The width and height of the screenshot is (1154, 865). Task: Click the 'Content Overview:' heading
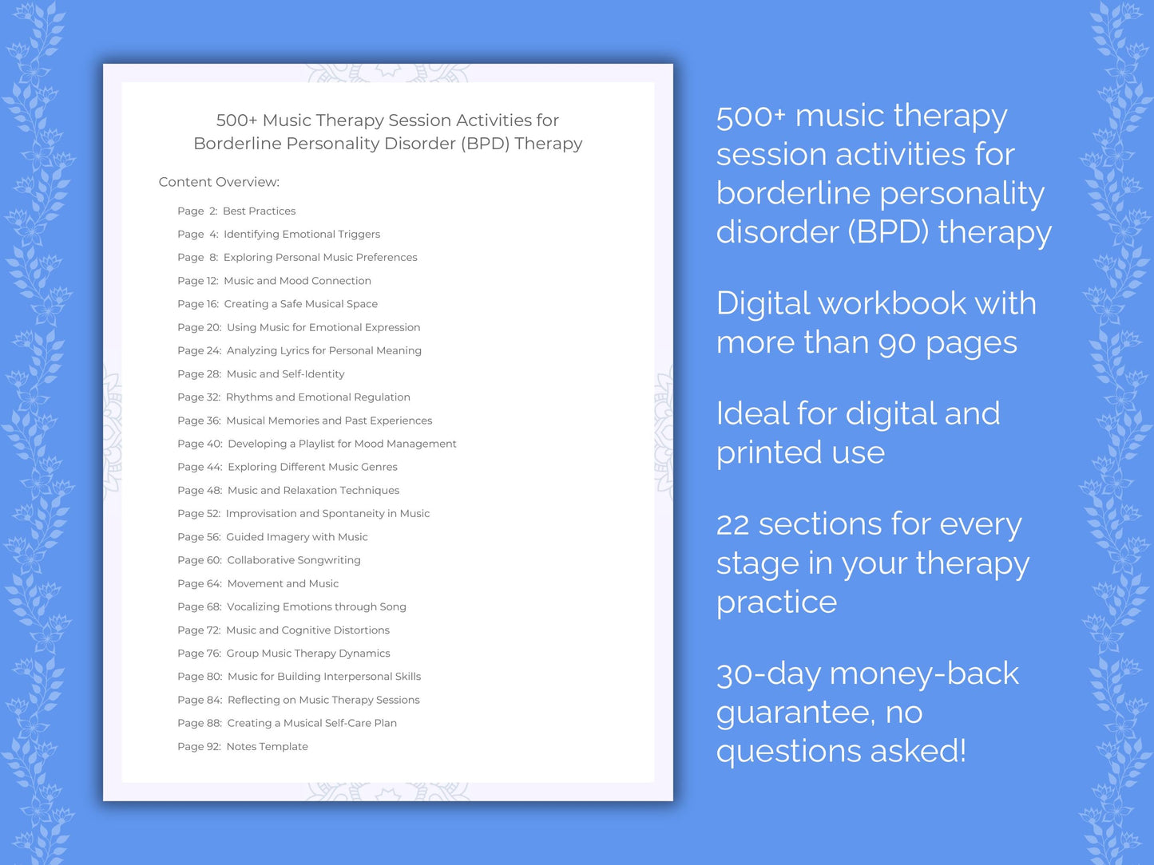[x=219, y=182]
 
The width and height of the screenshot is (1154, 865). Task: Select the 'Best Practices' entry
[x=259, y=211]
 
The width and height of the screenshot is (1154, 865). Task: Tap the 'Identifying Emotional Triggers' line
[x=301, y=235]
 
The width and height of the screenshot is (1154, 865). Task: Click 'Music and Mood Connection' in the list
[x=297, y=281]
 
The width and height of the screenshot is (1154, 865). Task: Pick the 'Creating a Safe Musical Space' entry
[x=300, y=304]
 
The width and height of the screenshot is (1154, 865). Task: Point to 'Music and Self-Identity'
[x=285, y=374]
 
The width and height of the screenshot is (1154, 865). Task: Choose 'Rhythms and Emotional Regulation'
[x=318, y=397]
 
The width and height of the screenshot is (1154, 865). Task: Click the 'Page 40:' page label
[x=200, y=444]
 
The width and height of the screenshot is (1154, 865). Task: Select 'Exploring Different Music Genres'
[x=312, y=467]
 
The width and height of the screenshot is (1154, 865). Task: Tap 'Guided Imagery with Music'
[x=296, y=537]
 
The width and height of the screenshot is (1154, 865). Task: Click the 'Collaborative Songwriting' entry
[x=294, y=560]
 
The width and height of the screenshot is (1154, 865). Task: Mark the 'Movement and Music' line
[x=283, y=584]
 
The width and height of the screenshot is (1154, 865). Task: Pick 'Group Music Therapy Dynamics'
[x=308, y=654]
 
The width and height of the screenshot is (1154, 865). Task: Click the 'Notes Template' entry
[x=267, y=747]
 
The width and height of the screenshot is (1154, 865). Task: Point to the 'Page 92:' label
[x=199, y=747]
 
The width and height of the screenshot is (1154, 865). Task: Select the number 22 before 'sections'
[x=732, y=525]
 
